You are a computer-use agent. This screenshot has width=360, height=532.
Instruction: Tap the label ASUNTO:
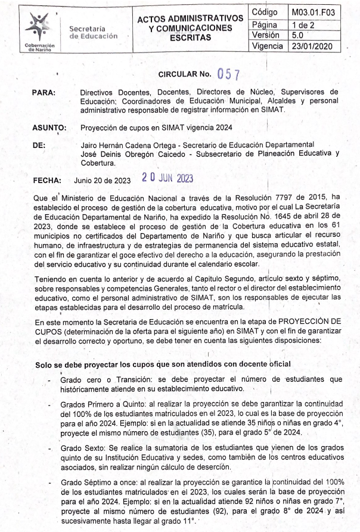click(49, 128)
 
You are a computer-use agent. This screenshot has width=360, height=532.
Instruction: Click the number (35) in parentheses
click(228, 432)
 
